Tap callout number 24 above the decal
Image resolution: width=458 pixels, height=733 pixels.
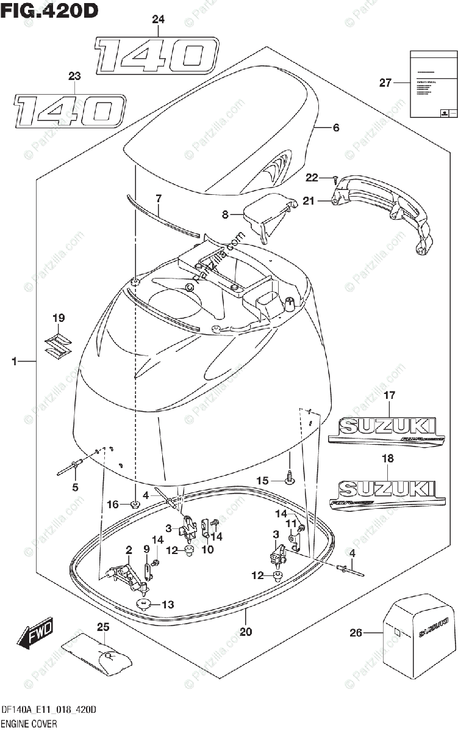coord(158,20)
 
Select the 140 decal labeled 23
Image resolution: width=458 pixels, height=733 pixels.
coord(70,112)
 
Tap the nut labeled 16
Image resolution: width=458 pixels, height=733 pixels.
coord(135,504)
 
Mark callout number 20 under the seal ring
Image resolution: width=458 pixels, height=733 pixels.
coord(246,632)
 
